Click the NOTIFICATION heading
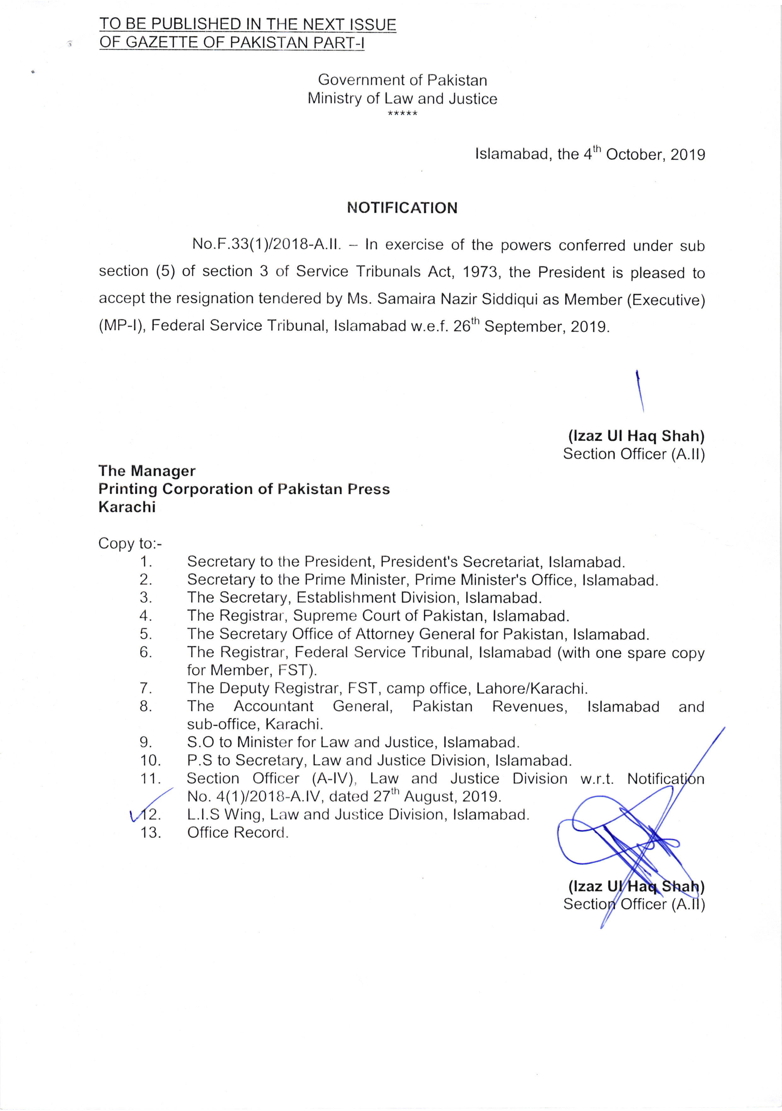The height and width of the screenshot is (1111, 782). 402,208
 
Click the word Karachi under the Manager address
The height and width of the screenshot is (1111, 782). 127,507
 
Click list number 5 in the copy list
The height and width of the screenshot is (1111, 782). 146,634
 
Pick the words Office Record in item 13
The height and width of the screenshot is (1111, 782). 238,833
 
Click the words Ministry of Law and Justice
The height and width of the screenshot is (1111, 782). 402,99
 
